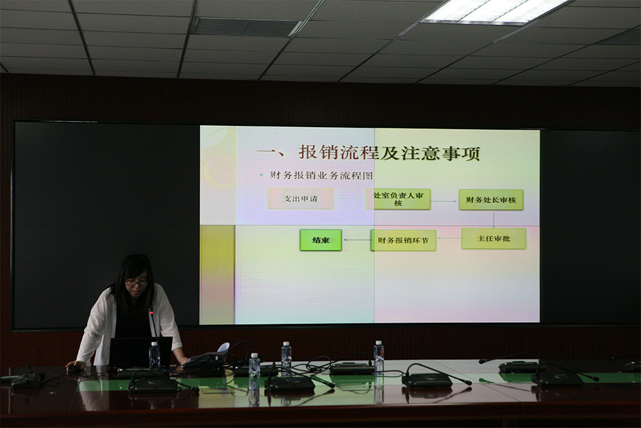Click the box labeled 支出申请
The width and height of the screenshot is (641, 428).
pos(301,198)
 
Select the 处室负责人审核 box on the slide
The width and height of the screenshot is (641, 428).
pos(398,200)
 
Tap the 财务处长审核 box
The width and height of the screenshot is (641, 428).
pos(491,200)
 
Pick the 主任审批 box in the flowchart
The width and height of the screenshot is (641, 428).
pos(494,239)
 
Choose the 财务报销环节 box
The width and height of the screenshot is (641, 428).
pos(403,240)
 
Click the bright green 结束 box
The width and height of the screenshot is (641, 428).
pos(321,240)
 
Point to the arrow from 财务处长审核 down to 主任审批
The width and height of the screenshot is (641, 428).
pos(494,219)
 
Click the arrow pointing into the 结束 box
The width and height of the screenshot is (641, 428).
pos(357,240)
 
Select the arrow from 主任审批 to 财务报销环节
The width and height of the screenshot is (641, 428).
pos(449,238)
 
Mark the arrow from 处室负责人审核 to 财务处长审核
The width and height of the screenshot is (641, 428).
pos(444,201)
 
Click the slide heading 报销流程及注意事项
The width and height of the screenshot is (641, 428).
pos(389,153)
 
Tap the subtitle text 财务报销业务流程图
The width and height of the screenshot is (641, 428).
pos(321,176)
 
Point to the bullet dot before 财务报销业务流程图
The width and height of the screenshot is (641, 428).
pos(262,176)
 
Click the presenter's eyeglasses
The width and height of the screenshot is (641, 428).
pos(137,282)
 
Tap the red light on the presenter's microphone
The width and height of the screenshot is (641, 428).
pos(152,312)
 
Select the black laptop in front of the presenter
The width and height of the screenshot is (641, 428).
pos(140,352)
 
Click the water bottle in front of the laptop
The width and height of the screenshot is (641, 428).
pos(154,356)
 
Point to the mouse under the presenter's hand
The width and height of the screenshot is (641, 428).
pos(74,368)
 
